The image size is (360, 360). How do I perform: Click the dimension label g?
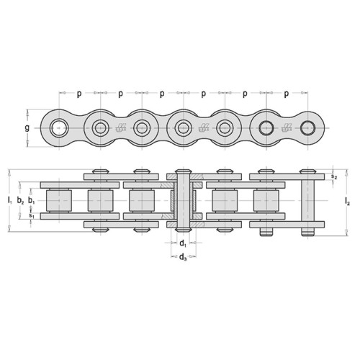27,128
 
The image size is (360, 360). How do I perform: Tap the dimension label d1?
183,244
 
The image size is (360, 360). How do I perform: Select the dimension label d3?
183,258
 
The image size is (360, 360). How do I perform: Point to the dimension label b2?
20,200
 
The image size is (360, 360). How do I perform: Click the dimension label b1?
31,200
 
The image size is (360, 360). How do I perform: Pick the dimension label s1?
31,215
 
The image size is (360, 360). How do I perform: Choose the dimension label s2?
334,176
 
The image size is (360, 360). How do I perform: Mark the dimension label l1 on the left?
9,200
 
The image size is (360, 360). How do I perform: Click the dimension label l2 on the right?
347,201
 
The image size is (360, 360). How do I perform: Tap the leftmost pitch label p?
79,94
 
